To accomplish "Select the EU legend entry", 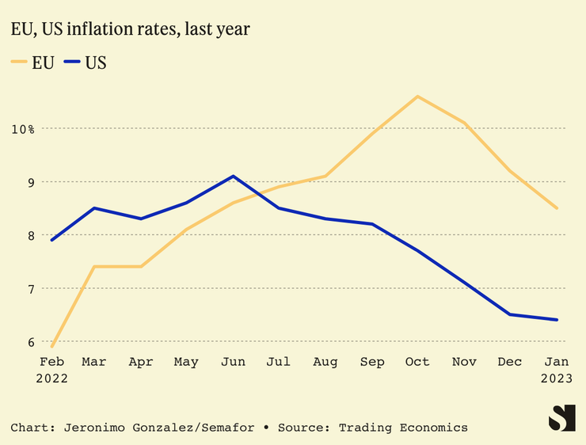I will click(x=33, y=63).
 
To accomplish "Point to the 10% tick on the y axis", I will click(x=23, y=128).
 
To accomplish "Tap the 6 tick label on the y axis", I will click(x=30, y=342).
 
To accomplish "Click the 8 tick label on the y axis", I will click(x=30, y=235).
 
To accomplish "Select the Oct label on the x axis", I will click(x=417, y=362).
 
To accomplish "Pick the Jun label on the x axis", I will click(x=232, y=362).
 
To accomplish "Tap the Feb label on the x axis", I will click(x=51, y=362).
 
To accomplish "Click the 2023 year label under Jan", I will click(x=556, y=378).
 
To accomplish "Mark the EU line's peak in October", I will click(x=417, y=97).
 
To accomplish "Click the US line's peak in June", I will click(x=233, y=176).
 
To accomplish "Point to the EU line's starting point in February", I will click(x=52, y=347).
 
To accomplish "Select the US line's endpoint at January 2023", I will click(x=557, y=320).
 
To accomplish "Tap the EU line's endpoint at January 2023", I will click(x=557, y=208).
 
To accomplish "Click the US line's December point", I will click(x=510, y=314).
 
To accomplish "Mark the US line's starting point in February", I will click(x=52, y=240).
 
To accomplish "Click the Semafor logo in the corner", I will click(x=562, y=417).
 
